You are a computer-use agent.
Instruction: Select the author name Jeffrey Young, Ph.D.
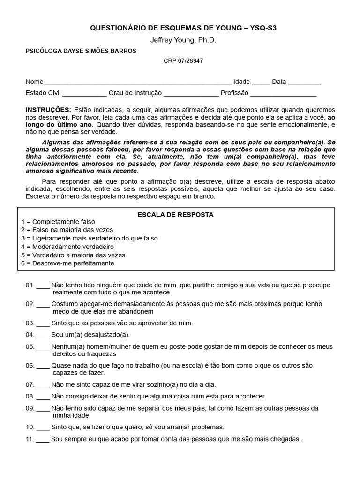[183, 40]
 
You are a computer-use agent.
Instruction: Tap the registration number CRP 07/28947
[183, 61]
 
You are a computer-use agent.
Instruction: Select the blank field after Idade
[261, 82]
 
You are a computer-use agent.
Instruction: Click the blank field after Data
[304, 82]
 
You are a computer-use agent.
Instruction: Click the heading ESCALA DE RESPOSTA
[175, 214]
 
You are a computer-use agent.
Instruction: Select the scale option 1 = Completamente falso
[58, 222]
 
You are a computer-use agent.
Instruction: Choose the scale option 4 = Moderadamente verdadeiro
[67, 247]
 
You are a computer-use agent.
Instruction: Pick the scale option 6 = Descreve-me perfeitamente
[67, 263]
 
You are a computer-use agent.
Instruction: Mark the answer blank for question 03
[43, 324]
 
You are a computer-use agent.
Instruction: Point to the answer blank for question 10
[43, 428]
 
